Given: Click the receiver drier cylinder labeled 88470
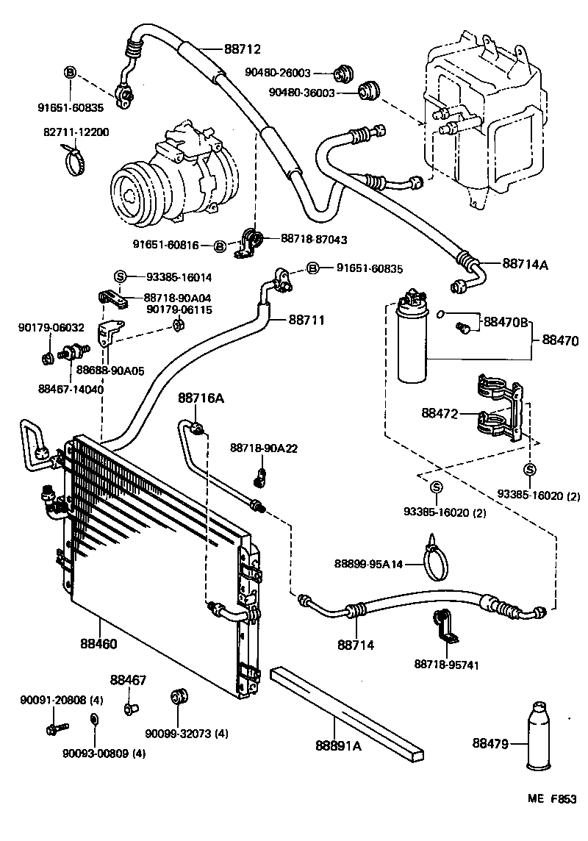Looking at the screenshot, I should (412, 342).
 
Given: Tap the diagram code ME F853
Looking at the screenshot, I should (552, 800).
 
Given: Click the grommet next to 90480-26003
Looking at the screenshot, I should (343, 74).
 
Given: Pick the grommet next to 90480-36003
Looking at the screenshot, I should (368, 92).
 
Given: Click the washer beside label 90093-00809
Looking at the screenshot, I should (93, 718).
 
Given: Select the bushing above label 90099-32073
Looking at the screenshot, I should (177, 695).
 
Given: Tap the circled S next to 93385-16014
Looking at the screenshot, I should (121, 276).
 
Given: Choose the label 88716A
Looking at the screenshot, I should (201, 398).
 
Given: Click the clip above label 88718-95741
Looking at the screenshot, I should (444, 626).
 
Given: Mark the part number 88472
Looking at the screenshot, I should (440, 414).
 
